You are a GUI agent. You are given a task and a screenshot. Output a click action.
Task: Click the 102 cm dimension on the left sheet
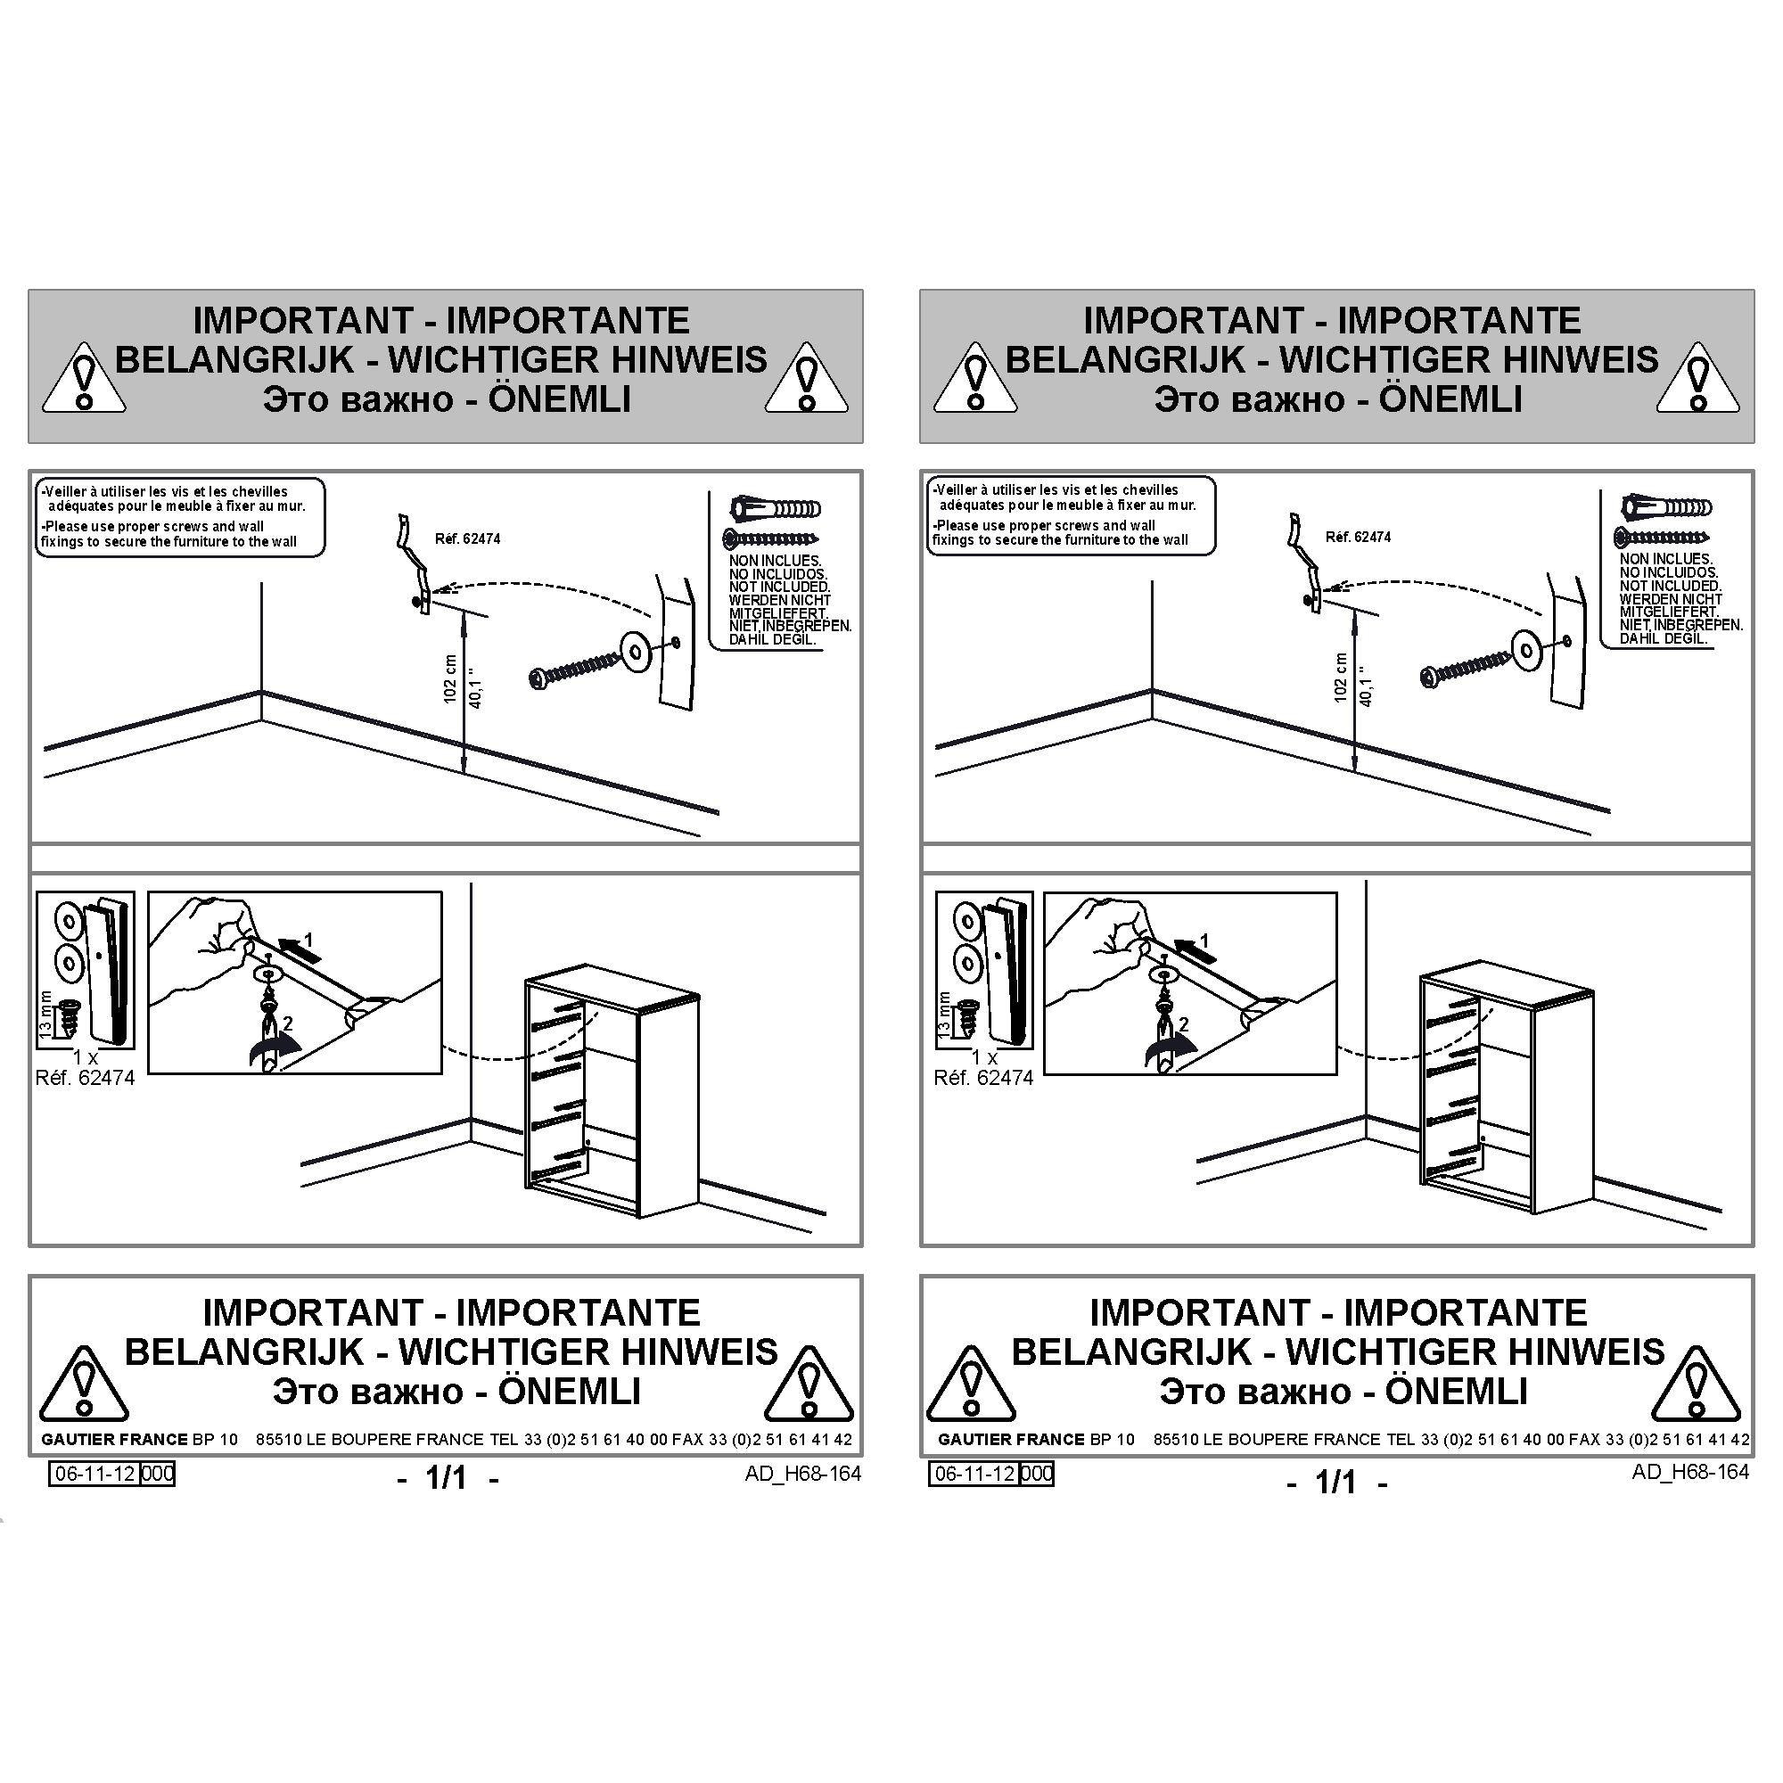point(450,679)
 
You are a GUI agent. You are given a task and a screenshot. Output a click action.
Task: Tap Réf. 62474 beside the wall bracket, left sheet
point(467,539)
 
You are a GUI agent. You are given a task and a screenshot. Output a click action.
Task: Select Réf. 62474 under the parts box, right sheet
point(984,1078)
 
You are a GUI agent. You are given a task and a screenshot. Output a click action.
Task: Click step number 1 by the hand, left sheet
point(308,941)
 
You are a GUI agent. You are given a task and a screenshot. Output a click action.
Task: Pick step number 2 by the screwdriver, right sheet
point(1183,1024)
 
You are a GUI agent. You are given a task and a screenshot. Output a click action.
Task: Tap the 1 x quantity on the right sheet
point(984,1057)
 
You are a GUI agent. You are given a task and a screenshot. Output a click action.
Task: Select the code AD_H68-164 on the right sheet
point(1690,1472)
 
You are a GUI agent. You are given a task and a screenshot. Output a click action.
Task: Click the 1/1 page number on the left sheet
point(447,1478)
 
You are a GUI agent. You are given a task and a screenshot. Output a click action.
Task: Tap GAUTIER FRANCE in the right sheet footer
point(1011,1440)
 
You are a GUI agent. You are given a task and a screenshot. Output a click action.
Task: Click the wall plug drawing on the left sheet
point(776,508)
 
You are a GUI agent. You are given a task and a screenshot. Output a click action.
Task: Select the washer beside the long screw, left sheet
point(636,652)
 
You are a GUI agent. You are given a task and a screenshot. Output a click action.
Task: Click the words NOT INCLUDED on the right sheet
point(1670,586)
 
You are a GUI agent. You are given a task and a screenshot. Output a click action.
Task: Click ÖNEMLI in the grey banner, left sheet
point(560,399)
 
